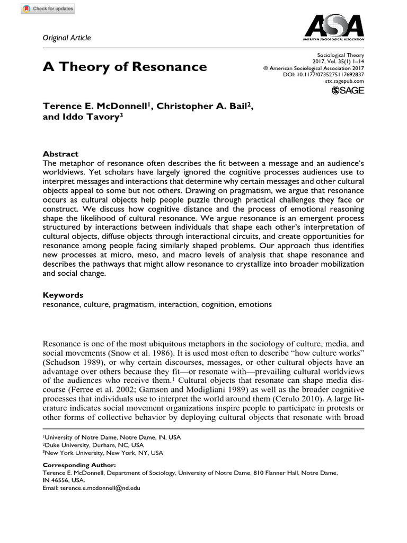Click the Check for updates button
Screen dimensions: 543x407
coord(40,9)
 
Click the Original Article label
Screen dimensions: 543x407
coord(67,38)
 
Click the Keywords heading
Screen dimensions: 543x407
coord(63,295)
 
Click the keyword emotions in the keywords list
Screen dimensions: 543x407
coord(255,304)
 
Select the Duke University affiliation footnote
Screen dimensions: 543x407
coord(93,445)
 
